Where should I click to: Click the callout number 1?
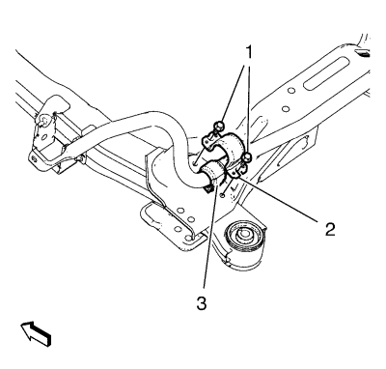point(249,52)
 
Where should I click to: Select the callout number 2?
point(330,229)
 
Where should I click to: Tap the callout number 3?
point(202,303)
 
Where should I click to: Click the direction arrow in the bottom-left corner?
point(36,334)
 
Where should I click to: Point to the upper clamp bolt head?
point(219,125)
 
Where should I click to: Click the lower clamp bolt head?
point(247,157)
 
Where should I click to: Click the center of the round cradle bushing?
point(243,236)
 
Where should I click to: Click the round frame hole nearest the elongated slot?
point(291,91)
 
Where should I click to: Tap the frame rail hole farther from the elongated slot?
point(285,109)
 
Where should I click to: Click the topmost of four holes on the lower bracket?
point(180,211)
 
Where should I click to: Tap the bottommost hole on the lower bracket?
point(188,239)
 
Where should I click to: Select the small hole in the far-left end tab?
point(34,157)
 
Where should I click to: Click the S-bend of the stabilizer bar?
point(174,138)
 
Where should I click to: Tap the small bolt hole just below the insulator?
point(222,195)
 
